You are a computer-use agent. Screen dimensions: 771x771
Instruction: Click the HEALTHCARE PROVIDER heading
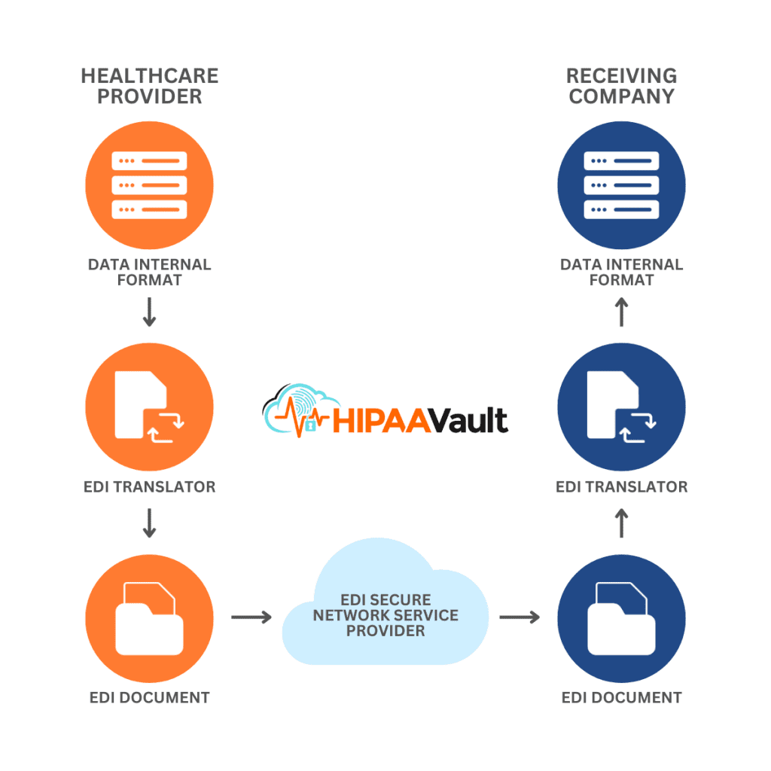tap(150, 86)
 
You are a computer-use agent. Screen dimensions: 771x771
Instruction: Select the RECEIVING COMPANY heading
tap(621, 86)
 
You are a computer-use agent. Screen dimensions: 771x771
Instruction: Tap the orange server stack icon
tap(150, 185)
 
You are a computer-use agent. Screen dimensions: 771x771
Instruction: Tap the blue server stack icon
tap(621, 185)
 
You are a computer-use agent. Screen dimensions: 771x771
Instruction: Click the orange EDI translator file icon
tap(150, 407)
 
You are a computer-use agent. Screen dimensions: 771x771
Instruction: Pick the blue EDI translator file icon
tap(621, 407)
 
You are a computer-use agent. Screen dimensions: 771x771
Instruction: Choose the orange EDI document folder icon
tap(150, 619)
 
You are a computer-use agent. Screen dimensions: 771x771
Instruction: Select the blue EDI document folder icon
tap(621, 619)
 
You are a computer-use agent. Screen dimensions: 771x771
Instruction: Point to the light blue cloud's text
tap(385, 615)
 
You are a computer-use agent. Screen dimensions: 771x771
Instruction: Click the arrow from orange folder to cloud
tap(251, 617)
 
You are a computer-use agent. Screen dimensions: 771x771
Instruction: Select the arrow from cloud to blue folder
tap(520, 617)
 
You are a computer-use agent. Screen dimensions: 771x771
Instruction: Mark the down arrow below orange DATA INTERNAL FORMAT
tap(150, 312)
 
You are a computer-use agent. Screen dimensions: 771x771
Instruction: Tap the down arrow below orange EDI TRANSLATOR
tap(150, 523)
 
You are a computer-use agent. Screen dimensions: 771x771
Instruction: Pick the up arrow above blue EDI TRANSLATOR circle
tap(621, 312)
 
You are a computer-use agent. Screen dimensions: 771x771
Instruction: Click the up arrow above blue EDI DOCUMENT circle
tap(621, 523)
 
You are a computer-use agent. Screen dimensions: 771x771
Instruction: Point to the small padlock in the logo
tap(310, 425)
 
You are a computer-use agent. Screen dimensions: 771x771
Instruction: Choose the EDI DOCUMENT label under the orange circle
tap(150, 697)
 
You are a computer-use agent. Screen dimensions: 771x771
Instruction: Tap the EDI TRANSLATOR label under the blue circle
tap(621, 487)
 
